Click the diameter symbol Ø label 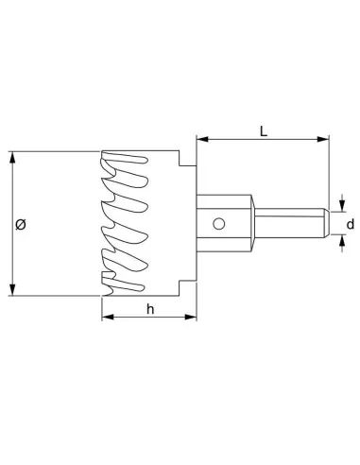click(21, 224)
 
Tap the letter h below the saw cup click(150, 309)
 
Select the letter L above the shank click(263, 130)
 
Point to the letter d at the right click(350, 224)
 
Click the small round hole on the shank click(218, 224)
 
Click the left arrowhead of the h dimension click(106, 318)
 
